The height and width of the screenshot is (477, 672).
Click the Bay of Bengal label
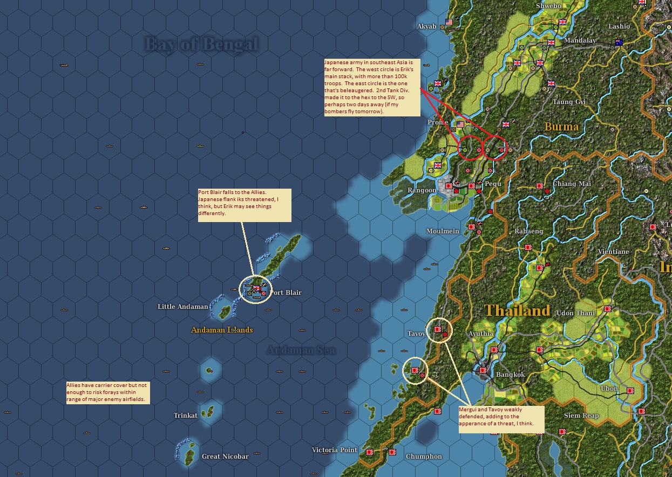point(201,44)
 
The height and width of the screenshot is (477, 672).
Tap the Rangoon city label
point(422,190)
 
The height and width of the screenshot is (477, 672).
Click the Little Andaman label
point(182,307)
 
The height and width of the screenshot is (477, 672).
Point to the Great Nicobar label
point(225,457)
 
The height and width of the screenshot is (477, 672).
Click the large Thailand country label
point(517,310)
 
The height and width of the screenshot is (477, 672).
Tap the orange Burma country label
point(561,127)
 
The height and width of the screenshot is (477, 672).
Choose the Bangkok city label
point(510,375)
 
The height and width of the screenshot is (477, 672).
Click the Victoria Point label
point(335,450)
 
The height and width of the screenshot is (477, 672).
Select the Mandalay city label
point(580,40)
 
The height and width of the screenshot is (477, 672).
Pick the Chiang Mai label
point(572,184)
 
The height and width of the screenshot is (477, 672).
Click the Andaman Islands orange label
point(222,330)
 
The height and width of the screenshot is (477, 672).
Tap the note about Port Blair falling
point(244,205)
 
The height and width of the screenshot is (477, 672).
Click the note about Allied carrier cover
point(107,393)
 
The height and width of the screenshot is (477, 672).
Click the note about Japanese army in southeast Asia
point(371,87)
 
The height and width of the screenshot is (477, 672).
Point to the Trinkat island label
point(185,416)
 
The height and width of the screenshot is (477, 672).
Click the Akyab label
point(426,26)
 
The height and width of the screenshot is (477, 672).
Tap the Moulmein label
point(443,231)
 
